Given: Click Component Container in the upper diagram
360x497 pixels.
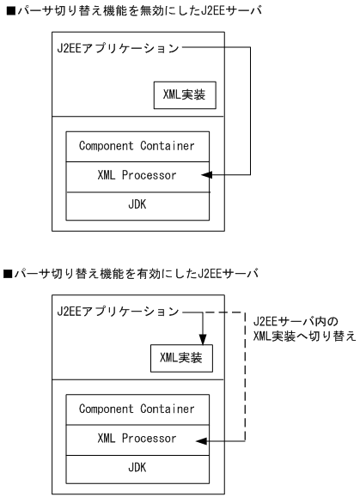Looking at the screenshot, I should pyautogui.click(x=137, y=146).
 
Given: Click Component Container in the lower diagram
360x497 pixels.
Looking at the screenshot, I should pyautogui.click(x=137, y=409).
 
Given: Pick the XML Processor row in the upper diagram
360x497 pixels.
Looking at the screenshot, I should pyautogui.click(x=137, y=176).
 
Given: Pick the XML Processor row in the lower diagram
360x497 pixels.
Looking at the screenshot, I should pyautogui.click(x=137, y=439).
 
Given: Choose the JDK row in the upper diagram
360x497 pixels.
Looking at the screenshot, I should pyautogui.click(x=137, y=205).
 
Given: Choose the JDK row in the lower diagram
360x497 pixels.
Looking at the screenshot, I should pyautogui.click(x=137, y=468).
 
